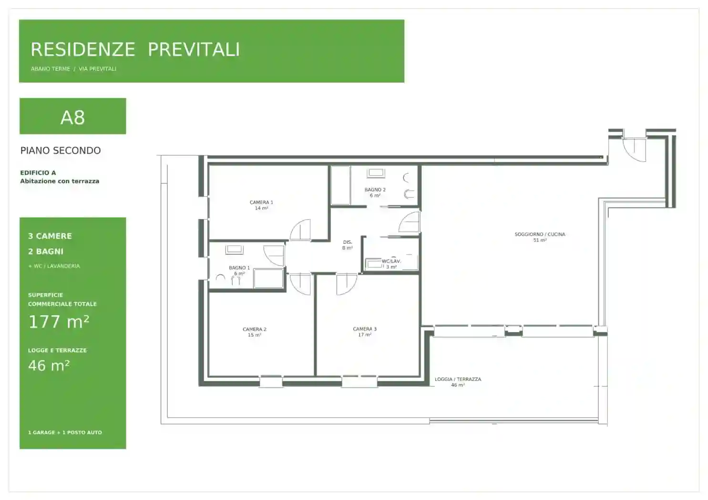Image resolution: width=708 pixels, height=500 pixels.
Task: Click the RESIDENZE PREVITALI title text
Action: pyautogui.click(x=135, y=50)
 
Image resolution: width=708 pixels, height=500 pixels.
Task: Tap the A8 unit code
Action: pyautogui.click(x=72, y=118)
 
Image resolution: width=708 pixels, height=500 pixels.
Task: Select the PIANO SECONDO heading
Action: pyautogui.click(x=61, y=150)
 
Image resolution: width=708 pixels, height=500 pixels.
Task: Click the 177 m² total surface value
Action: pyautogui.click(x=59, y=322)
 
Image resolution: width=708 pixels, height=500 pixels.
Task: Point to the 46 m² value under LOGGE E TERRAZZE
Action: pyautogui.click(x=49, y=366)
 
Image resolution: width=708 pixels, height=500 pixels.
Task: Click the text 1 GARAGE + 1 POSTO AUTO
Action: pyautogui.click(x=65, y=432)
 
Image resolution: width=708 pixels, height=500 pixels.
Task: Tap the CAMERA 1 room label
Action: pyautogui.click(x=261, y=202)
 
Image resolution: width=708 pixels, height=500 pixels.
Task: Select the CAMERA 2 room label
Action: pyautogui.click(x=255, y=329)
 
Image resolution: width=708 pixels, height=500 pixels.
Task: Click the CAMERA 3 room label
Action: pyautogui.click(x=365, y=329)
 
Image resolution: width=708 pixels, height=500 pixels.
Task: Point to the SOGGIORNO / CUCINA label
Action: pyautogui.click(x=540, y=234)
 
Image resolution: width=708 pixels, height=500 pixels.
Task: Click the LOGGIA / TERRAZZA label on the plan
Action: pyautogui.click(x=458, y=379)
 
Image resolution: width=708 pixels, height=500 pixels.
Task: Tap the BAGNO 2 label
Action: pyautogui.click(x=375, y=190)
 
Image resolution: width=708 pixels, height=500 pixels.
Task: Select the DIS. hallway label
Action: pyautogui.click(x=348, y=242)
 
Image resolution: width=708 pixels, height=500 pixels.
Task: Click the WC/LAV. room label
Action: pyautogui.click(x=391, y=261)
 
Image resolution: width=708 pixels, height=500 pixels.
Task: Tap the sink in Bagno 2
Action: pyautogui.click(x=376, y=173)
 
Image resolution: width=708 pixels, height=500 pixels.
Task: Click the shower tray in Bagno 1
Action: pyautogui.click(x=268, y=278)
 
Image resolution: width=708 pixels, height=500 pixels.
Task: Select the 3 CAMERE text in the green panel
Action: pyautogui.click(x=50, y=236)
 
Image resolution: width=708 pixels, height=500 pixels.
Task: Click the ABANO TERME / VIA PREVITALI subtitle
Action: pyautogui.click(x=73, y=69)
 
